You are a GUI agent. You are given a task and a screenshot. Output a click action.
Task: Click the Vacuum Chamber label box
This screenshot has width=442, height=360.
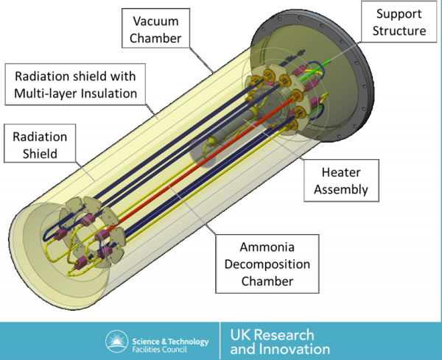coord(155,28)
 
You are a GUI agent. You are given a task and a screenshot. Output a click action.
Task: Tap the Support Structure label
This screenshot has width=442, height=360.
coord(399,21)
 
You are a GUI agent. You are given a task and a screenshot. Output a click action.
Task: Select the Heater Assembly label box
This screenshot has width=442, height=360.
coord(341,180)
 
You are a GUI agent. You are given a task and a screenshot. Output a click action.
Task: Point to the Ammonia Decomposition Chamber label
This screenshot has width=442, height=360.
coord(267,264)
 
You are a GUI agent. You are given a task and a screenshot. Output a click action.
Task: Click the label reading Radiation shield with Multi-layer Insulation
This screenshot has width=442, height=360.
coord(75,85)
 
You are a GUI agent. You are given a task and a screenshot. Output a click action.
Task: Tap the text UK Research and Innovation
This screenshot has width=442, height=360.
coord(280,342)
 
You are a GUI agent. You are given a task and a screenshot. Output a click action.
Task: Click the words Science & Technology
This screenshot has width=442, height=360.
coord(171,342)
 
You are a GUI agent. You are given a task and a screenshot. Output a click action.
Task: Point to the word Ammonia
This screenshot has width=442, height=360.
coord(267,247)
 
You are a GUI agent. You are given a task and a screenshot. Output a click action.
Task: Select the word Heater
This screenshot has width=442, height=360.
coord(341,172)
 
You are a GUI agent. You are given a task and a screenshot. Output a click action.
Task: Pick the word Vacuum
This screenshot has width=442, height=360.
coord(155,21)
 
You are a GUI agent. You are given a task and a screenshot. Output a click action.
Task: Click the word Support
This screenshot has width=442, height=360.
coord(399,14)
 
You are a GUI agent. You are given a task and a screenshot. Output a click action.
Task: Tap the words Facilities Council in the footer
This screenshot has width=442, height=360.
coord(160,350)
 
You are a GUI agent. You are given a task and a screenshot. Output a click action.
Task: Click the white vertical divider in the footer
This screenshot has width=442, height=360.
coord(220,341)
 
